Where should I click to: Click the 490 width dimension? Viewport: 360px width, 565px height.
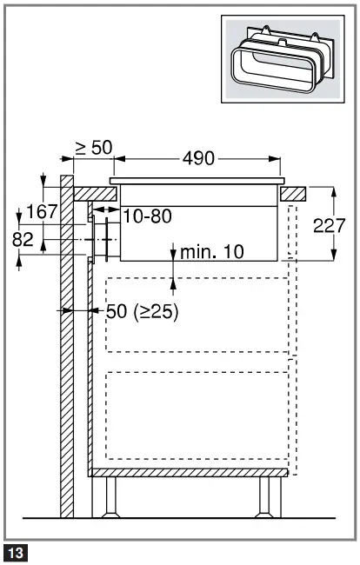click(198, 158)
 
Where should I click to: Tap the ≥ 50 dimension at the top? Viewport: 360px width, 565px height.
click(94, 148)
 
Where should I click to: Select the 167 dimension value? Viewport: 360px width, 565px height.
click(43, 211)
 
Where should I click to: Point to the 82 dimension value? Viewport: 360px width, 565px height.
click(23, 240)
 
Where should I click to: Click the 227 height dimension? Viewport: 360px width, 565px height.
click(330, 226)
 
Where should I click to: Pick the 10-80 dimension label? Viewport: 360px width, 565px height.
click(148, 216)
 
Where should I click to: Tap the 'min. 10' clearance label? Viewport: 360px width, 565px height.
click(212, 252)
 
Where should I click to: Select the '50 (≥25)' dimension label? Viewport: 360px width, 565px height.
click(143, 311)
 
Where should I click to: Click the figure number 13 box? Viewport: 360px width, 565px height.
click(16, 553)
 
